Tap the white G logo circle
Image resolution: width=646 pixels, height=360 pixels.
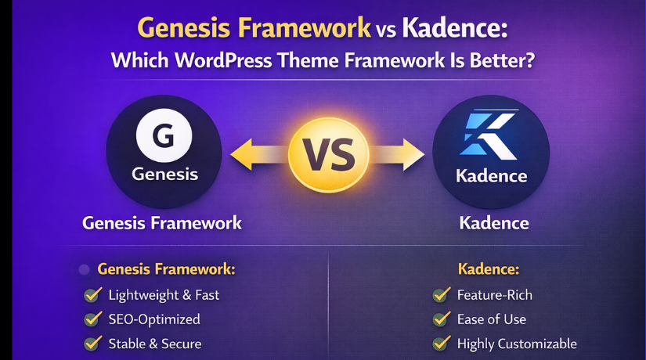point(164,135)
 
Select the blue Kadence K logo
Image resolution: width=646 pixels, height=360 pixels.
point(489,135)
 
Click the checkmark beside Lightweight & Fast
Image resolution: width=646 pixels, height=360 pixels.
point(92,295)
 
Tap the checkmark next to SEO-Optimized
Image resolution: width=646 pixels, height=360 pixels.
point(92,319)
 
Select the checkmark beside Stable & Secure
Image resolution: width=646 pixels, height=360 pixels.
point(92,344)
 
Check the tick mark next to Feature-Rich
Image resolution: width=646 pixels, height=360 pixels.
point(442,295)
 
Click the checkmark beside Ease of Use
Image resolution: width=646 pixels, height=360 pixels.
point(442,319)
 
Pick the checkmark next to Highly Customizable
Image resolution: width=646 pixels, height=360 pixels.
point(442,344)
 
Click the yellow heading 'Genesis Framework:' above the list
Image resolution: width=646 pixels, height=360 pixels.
point(166,269)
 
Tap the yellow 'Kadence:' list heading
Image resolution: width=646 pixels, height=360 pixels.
point(489,269)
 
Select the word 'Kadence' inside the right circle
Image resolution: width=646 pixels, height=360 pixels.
point(490,175)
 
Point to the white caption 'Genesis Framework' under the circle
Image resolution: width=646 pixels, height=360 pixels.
point(162,223)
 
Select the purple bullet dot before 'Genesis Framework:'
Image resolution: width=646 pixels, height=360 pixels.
point(84,270)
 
